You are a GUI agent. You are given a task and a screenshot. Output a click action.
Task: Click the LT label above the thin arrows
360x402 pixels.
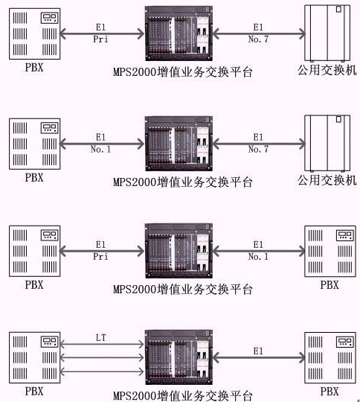(100, 338)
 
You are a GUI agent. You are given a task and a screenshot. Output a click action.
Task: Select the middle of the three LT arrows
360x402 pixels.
(101, 357)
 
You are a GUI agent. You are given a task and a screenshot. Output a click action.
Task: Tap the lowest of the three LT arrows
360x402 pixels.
(101, 371)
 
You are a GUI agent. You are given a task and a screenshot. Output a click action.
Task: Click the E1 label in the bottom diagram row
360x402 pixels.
(258, 351)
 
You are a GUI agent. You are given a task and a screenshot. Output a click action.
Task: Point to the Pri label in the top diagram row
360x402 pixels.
(100, 39)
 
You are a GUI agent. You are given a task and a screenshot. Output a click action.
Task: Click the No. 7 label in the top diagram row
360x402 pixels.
(258, 39)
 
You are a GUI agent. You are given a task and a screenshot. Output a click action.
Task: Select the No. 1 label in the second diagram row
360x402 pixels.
(100, 149)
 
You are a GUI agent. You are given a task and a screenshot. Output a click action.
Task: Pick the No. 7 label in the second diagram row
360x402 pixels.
(258, 149)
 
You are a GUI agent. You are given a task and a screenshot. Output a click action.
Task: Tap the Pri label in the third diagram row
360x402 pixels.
(100, 256)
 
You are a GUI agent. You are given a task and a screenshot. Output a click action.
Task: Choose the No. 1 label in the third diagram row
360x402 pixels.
(258, 256)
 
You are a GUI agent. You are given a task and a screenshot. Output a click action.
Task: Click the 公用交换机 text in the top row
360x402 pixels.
(327, 70)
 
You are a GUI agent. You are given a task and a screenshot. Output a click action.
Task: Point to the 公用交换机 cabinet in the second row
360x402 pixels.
(327, 143)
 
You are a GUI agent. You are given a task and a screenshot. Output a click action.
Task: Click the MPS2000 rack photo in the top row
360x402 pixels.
(179, 33)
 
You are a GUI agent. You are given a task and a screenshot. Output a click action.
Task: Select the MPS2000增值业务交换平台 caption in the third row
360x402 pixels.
(183, 289)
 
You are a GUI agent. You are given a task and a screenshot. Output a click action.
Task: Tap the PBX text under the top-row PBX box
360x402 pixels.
(34, 68)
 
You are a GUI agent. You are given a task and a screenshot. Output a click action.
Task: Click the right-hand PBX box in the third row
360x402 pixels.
(330, 252)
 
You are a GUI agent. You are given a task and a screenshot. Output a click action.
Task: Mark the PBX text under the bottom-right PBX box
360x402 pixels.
(330, 392)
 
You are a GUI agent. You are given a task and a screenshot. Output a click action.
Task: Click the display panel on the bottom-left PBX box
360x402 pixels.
(49, 342)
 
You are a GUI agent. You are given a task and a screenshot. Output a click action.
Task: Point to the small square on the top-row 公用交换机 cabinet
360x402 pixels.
(338, 9)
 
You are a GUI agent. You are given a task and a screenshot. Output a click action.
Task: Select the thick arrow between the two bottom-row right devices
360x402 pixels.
(259, 357)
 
